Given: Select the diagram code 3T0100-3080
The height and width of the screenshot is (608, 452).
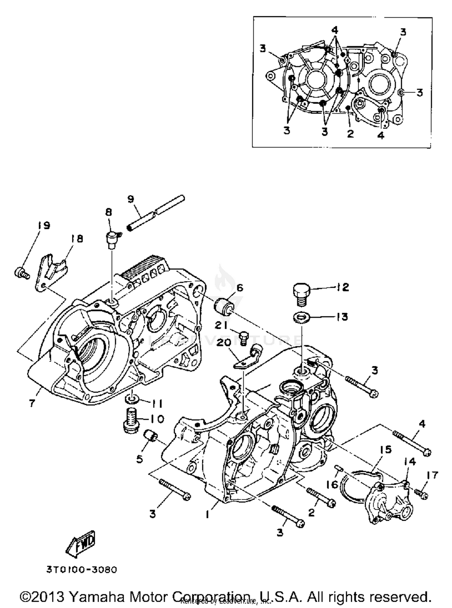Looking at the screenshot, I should pos(81,570).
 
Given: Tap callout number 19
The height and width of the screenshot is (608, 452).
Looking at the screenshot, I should pos(44,225).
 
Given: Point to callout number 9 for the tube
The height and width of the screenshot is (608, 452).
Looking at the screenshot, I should pos(130,199).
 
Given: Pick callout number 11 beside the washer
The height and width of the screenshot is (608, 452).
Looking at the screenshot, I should pos(156,403).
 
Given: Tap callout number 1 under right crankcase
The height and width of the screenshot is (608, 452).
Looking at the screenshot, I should pos(207,515).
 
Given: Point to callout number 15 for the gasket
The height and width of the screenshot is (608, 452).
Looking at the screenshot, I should pos(385,450).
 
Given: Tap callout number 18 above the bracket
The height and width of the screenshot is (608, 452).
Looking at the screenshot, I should pos(77,239).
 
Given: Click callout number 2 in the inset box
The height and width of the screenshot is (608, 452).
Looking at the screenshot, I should pos(350,133).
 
